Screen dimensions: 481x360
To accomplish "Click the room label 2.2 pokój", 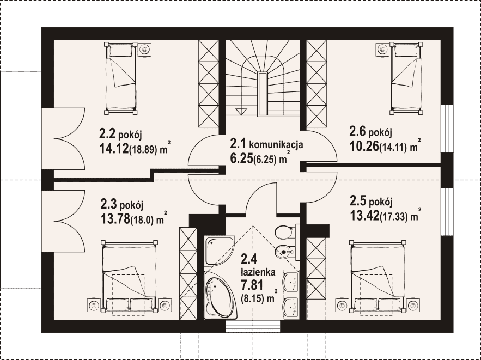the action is (x=120, y=135).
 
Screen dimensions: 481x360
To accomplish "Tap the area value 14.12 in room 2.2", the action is (x=113, y=149).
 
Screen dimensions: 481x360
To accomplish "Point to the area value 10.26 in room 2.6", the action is (x=364, y=147).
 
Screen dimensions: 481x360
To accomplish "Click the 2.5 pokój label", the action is (x=371, y=202).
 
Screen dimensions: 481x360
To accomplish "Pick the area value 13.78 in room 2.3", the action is (x=115, y=219).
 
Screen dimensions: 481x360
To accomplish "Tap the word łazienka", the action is (x=258, y=272).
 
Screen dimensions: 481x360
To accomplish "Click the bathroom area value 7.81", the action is (x=252, y=285).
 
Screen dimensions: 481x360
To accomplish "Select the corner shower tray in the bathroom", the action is (x=219, y=250).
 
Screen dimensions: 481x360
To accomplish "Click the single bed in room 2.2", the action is (x=121, y=78).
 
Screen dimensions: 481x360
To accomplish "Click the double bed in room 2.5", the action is (x=376, y=276).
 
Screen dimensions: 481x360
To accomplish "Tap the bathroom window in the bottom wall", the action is (x=253, y=327).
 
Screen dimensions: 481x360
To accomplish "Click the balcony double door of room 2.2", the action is (x=63, y=139).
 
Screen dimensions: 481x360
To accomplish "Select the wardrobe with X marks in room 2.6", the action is (x=316, y=84).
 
